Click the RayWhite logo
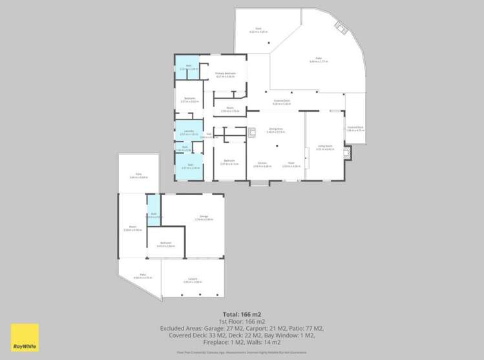25,337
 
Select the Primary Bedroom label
226,74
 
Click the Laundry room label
189,131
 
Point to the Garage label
204,216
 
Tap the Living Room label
325,147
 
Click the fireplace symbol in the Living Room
349,153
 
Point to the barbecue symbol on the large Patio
340,28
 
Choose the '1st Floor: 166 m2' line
242,321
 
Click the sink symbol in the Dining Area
253,134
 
